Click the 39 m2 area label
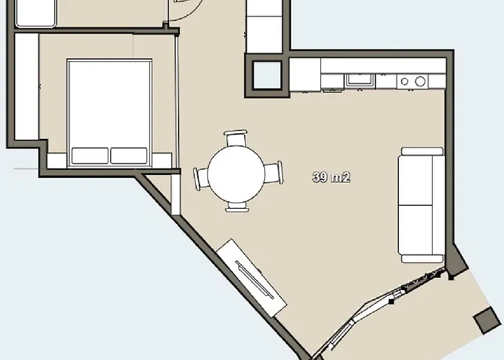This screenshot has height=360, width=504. pyautogui.click(x=331, y=177)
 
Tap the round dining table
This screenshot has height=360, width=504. pyautogui.click(x=236, y=174)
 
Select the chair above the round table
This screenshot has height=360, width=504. pyautogui.click(x=235, y=138)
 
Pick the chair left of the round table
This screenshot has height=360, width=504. pyautogui.click(x=201, y=178)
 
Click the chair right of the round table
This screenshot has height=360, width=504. pyautogui.click(x=274, y=173)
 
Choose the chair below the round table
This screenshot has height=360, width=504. pyautogui.click(x=237, y=207)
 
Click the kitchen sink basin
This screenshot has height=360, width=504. pyautogui.click(x=360, y=81)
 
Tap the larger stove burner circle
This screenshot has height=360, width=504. pyautogui.click(x=420, y=81)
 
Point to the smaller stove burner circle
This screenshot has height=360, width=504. pyautogui.click(x=405, y=81)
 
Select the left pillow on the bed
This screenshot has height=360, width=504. pyautogui.click(x=90, y=156)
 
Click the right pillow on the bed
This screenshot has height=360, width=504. pyautogui.click(x=129, y=156)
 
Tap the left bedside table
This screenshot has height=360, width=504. pyautogui.click(x=57, y=161)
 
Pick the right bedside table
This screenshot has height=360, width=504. pyautogui.click(x=162, y=161)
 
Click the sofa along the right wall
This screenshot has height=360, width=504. pyautogui.click(x=421, y=205)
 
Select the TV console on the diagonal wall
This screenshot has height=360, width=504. pyautogui.click(x=251, y=277)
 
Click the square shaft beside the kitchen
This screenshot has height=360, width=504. pyautogui.click(x=267, y=75)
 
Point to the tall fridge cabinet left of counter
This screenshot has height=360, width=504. pyautogui.click(x=305, y=75)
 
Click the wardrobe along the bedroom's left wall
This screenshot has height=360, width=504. pyautogui.click(x=27, y=87)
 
